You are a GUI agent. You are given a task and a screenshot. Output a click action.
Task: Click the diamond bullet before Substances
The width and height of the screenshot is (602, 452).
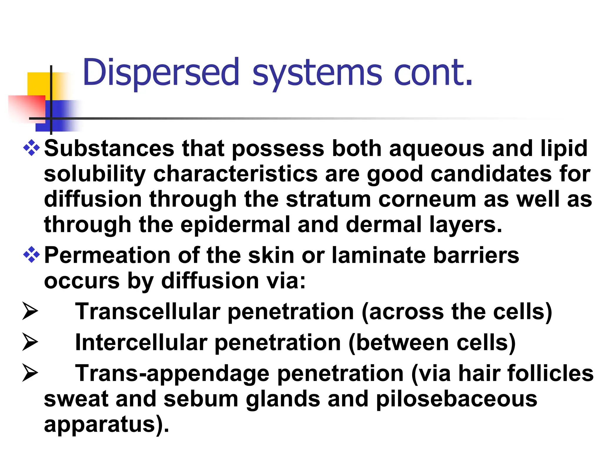[x=31, y=148]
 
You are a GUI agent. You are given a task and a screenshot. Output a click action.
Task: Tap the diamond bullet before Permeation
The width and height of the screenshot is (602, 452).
[x=31, y=255]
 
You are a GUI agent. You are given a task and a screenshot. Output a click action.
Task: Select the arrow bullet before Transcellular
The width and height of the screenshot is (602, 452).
[x=30, y=312]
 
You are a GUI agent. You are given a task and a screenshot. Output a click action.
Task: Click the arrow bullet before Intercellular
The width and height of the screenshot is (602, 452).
[x=30, y=343]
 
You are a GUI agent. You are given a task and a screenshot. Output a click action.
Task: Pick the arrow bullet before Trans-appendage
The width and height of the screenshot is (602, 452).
[x=30, y=373]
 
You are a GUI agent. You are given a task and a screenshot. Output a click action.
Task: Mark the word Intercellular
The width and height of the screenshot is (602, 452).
[x=141, y=343]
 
